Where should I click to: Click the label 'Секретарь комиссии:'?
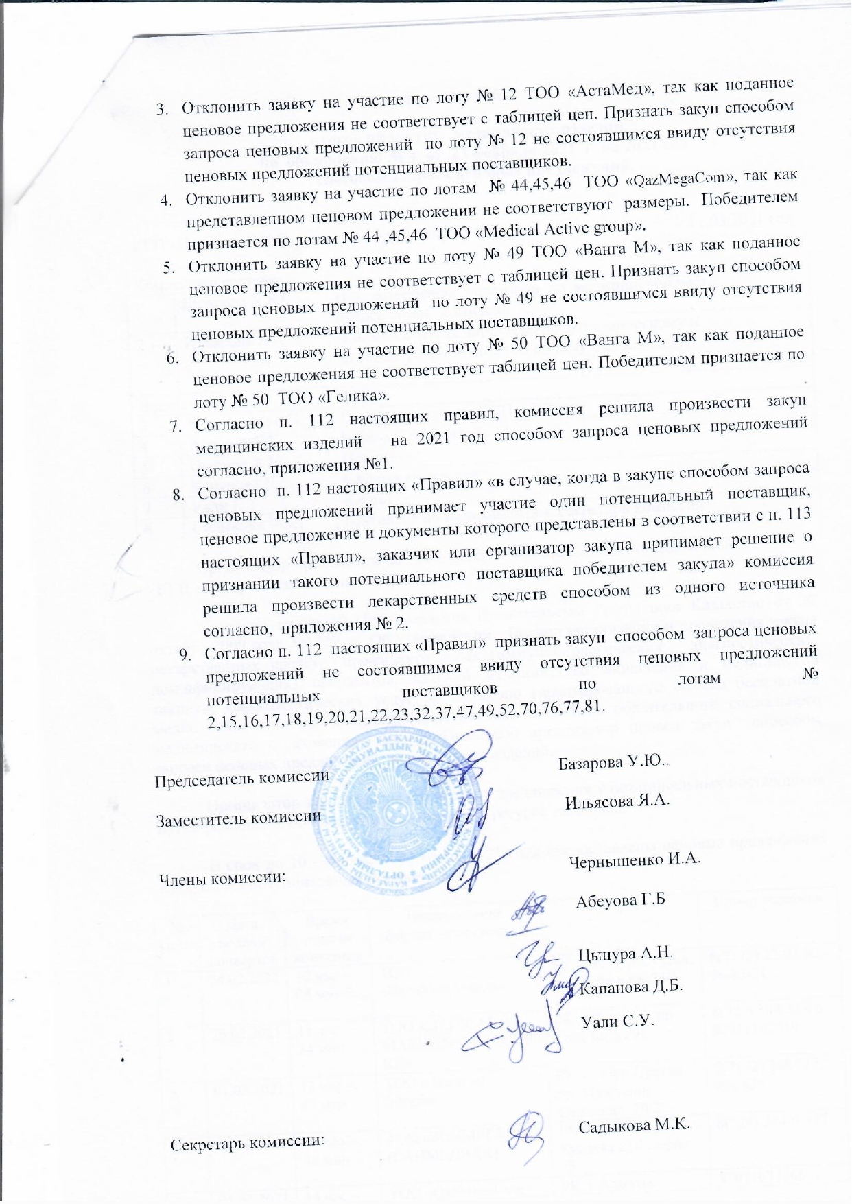coord(247,1143)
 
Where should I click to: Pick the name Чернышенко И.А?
coord(635,860)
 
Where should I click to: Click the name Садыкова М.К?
coord(633,1126)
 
